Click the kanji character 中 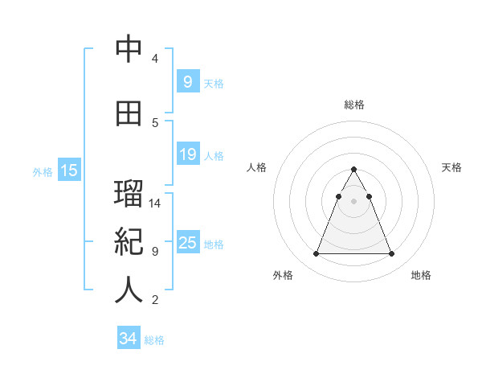point(129,50)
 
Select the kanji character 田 point(129,113)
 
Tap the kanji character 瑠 point(129,195)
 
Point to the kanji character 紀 point(129,242)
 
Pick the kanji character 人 point(129,290)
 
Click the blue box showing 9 point(187,81)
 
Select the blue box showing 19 point(187,154)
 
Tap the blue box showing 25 point(187,243)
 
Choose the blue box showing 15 point(69,171)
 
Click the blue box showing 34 point(128,339)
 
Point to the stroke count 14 point(155,203)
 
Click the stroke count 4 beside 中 point(155,59)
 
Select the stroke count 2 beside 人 point(155,300)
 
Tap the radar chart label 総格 point(353,105)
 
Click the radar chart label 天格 point(452,167)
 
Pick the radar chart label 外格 point(283,275)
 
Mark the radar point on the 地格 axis point(391,254)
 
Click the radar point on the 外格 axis point(316,254)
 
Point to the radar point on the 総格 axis point(353,170)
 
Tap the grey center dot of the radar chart point(353,201)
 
